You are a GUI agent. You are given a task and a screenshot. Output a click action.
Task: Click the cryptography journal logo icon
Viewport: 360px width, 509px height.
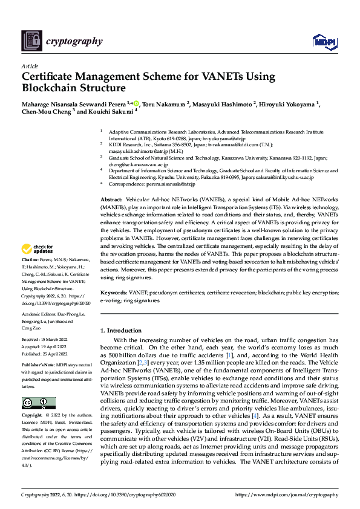[x=30, y=41]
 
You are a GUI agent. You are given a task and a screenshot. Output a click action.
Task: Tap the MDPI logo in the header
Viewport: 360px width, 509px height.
[x=323, y=41]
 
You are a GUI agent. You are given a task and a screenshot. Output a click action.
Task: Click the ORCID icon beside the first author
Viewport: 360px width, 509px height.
[x=137, y=103]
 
